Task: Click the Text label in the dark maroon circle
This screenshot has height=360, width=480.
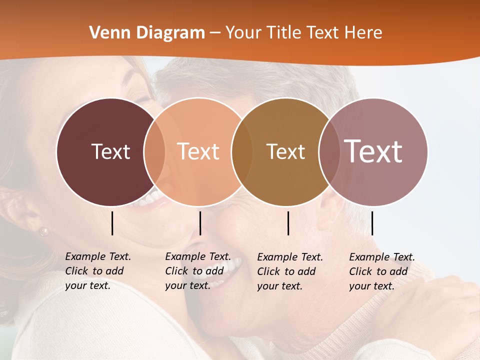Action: (x=110, y=151)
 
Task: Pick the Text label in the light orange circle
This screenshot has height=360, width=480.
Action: (x=198, y=151)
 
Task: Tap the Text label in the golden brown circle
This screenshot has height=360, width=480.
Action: (x=285, y=151)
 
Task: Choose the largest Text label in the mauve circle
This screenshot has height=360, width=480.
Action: (x=373, y=151)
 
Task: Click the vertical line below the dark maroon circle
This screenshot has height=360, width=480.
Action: (x=112, y=223)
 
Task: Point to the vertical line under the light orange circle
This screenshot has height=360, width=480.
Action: (x=200, y=223)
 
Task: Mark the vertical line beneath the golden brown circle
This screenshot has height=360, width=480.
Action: (x=288, y=223)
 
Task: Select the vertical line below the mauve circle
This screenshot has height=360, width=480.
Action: (x=372, y=223)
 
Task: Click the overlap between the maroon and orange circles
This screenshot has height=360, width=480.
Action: (x=154, y=151)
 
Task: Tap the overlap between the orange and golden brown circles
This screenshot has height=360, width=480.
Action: (x=242, y=151)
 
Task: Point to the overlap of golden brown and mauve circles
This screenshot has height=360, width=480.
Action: (x=328, y=151)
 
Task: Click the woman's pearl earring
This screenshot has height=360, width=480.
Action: (x=44, y=231)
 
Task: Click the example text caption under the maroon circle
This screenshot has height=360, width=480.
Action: (x=98, y=271)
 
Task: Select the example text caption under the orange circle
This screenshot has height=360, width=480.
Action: (x=198, y=271)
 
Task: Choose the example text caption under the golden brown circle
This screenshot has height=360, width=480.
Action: (x=290, y=271)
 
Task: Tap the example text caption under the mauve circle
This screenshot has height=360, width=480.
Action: (x=382, y=271)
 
